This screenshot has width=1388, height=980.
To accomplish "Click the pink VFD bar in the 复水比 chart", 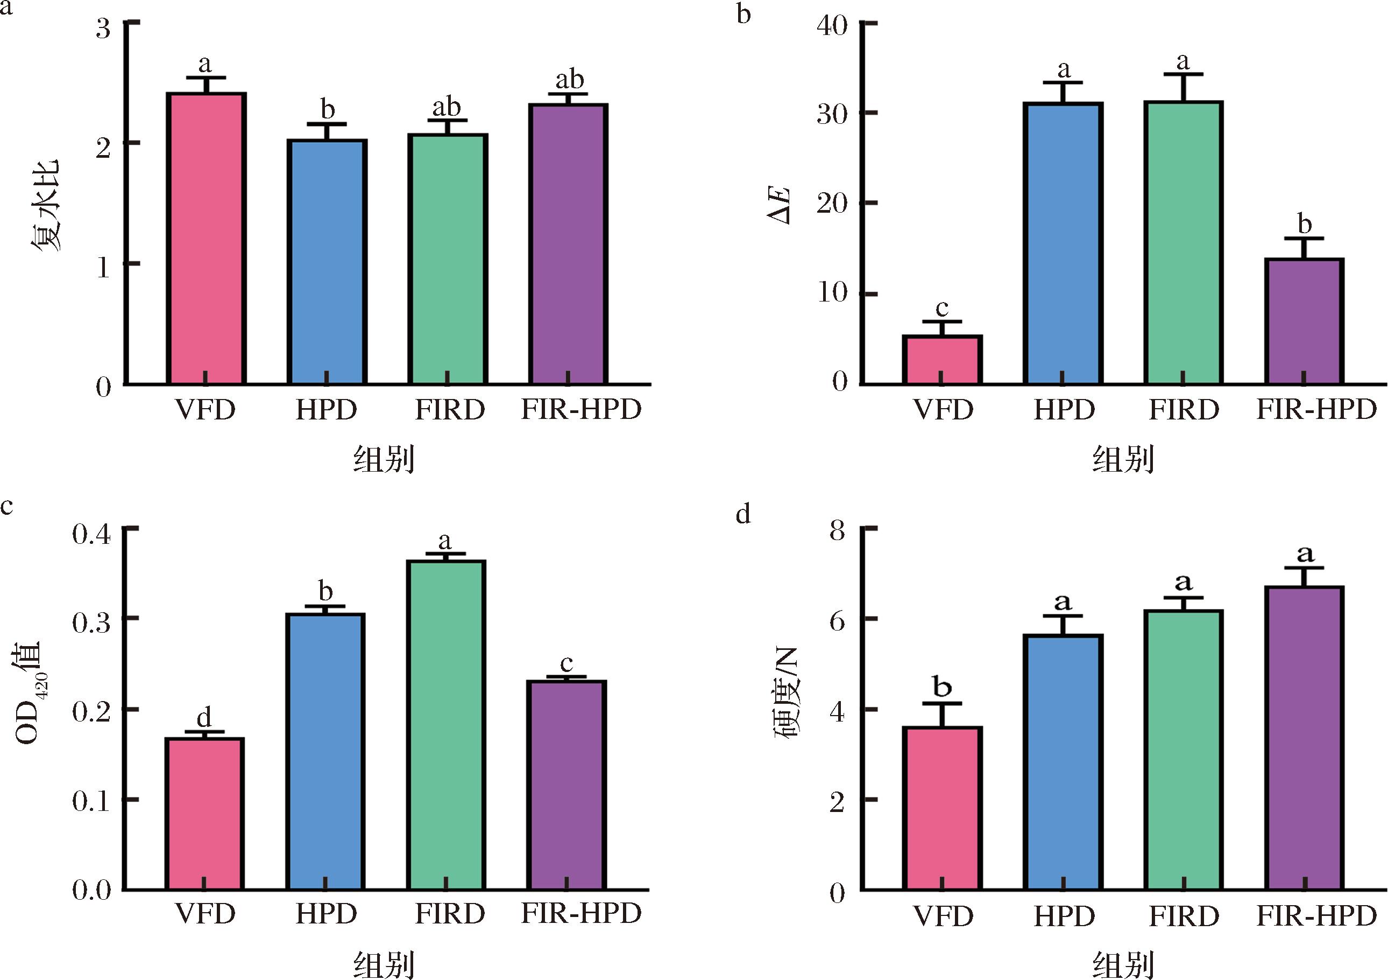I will tap(206, 239).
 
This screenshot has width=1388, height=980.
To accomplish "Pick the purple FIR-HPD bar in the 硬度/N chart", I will tap(1305, 738).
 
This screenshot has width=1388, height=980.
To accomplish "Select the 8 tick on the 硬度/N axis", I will tap(837, 533).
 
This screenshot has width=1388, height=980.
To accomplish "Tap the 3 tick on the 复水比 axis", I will tap(103, 27).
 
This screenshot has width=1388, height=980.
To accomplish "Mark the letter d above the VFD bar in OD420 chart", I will tap(204, 718).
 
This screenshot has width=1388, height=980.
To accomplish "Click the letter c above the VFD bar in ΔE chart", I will tap(942, 309).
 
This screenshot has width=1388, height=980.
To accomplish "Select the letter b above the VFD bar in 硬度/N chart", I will tap(942, 687).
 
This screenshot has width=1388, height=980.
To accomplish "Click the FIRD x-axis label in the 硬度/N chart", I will tap(1184, 916).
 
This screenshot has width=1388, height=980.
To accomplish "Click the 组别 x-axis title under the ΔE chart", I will tap(1123, 460).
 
